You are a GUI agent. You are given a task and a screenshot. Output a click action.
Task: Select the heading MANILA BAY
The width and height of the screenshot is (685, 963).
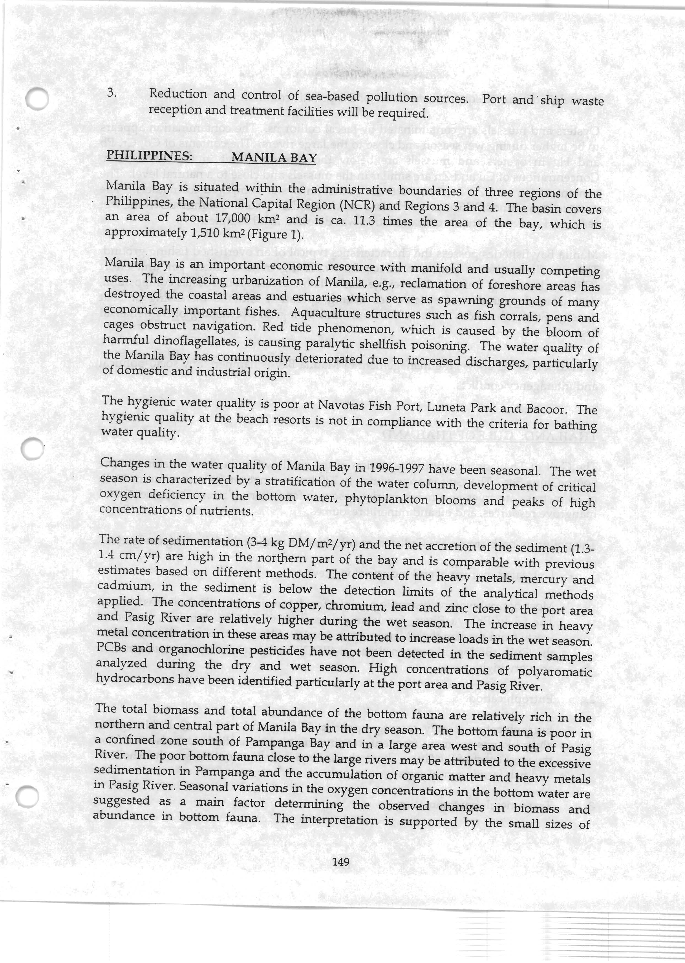pos(274,157)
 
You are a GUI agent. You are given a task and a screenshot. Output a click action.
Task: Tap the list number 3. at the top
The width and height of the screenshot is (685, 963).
pos(111,93)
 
